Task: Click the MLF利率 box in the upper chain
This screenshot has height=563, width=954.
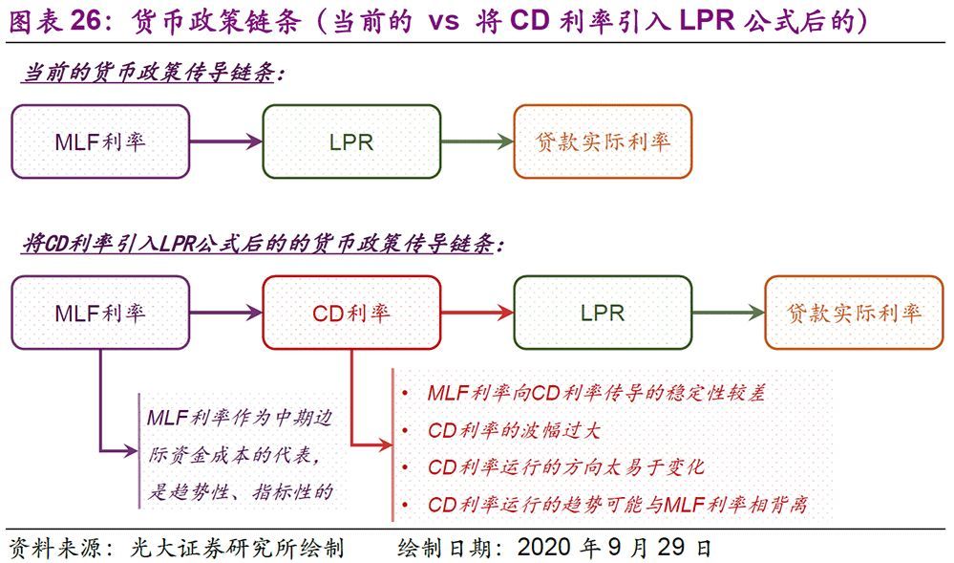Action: (100, 141)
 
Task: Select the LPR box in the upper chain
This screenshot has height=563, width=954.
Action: (351, 141)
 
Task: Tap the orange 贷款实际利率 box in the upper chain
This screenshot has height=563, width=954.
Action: (603, 141)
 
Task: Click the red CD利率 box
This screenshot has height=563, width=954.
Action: (351, 313)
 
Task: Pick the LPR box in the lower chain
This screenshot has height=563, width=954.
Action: (603, 313)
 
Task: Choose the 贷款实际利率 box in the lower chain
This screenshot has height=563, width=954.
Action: (854, 313)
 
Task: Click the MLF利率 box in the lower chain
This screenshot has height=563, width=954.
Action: (100, 313)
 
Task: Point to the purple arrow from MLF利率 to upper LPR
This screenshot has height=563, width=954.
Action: (226, 142)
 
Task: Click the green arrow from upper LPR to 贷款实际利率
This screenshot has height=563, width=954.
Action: (477, 142)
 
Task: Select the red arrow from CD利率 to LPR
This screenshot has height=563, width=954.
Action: (477, 314)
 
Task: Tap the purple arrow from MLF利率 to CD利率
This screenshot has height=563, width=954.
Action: (226, 314)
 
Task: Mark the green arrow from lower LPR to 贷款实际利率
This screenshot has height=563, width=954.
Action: (729, 314)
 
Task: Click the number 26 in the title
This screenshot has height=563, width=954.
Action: (85, 21)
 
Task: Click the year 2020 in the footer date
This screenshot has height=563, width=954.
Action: (545, 547)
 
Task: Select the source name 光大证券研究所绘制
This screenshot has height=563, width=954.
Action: (237, 548)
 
